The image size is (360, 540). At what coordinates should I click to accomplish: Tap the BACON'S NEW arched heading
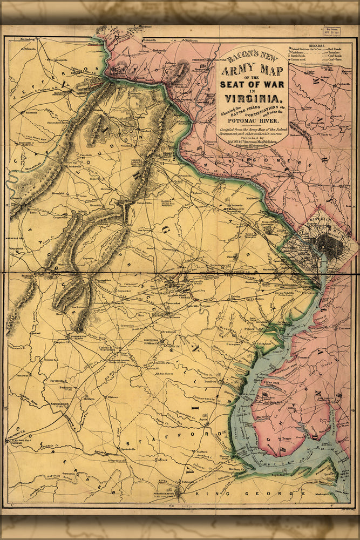pyautogui.click(x=252, y=55)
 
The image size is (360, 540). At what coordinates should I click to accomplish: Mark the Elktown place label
pyautogui.click(x=113, y=397)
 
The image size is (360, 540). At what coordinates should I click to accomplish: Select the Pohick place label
pyautogui.click(x=249, y=327)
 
